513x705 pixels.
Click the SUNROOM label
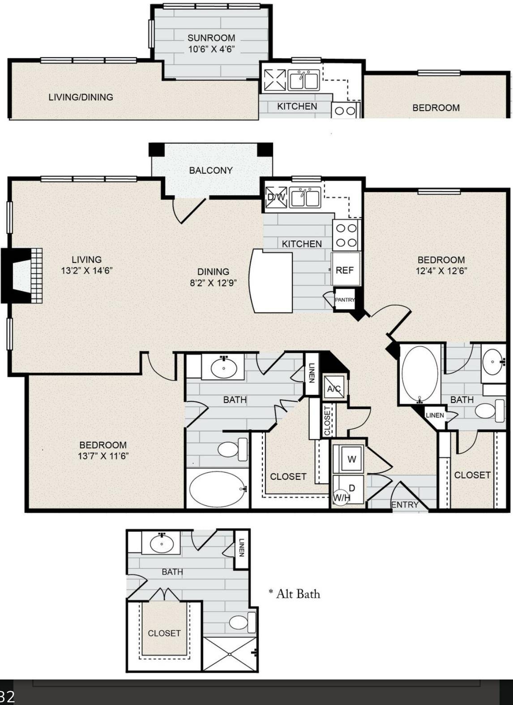(x=211, y=38)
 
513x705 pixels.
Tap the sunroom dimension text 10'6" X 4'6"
(x=211, y=49)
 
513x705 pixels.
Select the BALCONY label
(x=211, y=170)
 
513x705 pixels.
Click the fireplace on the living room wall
(x=22, y=276)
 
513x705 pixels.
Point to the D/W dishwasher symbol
(x=276, y=197)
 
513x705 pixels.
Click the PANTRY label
(x=345, y=299)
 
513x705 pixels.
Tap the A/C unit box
(x=334, y=389)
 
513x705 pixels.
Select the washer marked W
(x=351, y=459)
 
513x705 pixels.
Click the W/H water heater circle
(x=341, y=498)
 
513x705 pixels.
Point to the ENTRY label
(x=405, y=505)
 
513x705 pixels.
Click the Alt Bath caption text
(x=295, y=594)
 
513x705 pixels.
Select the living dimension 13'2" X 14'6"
(x=87, y=270)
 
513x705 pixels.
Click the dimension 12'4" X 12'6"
(x=441, y=271)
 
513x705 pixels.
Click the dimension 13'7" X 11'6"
(x=103, y=456)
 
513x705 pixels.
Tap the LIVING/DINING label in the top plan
(x=81, y=97)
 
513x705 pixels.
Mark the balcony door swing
(x=189, y=210)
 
